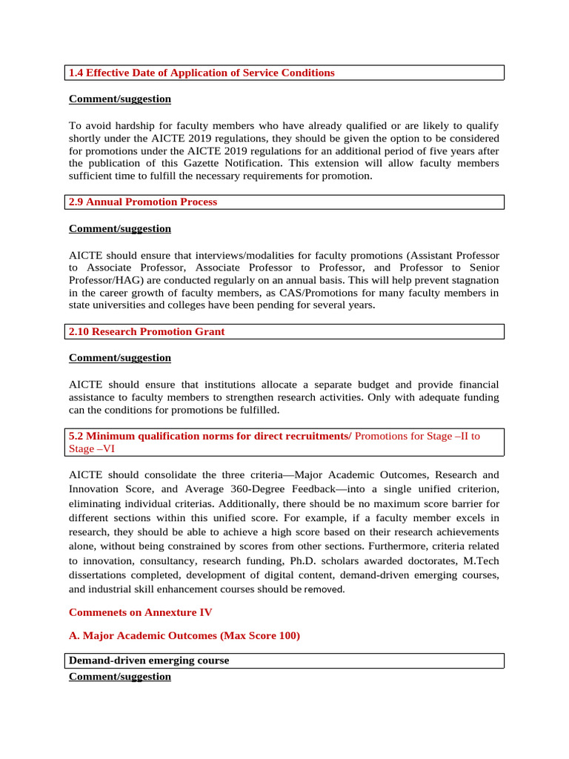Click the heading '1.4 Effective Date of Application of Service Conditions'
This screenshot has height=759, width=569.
click(202, 73)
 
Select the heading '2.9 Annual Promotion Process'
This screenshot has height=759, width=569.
click(143, 202)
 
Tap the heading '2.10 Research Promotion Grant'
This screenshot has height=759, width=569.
click(147, 331)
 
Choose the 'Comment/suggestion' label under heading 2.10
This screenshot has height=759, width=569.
click(120, 357)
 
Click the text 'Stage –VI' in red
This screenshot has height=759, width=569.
click(92, 448)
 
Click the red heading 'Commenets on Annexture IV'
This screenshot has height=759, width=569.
click(141, 612)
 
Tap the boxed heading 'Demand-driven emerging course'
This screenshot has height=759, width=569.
click(149, 660)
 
